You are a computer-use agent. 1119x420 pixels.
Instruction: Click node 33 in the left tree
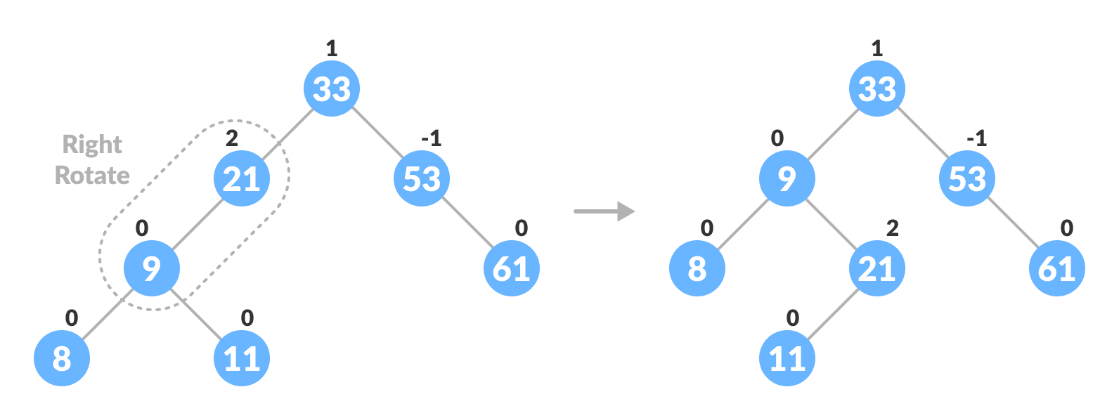[332, 88]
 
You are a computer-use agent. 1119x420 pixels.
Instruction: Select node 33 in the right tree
[877, 88]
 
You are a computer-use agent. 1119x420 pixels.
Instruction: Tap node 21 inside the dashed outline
[242, 178]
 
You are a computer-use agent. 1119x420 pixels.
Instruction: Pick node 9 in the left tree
[152, 268]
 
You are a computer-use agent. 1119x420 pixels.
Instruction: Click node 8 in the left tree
[62, 358]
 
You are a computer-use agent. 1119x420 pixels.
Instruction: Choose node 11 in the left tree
[242, 358]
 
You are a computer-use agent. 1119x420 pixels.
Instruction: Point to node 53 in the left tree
[422, 178]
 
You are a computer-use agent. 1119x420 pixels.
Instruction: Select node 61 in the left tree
[512, 268]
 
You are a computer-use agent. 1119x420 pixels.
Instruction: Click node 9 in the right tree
[787, 178]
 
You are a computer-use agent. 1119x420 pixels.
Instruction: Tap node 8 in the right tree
[697, 268]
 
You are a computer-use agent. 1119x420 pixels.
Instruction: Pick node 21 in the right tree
[877, 268]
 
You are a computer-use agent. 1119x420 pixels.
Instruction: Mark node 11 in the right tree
[787, 358]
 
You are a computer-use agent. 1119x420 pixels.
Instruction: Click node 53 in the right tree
[967, 178]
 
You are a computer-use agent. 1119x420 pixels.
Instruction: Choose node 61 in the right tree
[1057, 268]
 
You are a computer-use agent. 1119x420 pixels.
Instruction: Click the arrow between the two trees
[604, 211]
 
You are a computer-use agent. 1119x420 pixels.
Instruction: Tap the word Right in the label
[92, 145]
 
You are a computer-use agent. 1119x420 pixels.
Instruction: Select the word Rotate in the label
[92, 175]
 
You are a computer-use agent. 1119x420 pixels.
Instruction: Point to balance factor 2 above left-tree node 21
[232, 138]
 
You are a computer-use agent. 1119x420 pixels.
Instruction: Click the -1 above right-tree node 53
[977, 138]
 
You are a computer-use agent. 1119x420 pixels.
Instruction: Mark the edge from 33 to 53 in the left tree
[377, 133]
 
